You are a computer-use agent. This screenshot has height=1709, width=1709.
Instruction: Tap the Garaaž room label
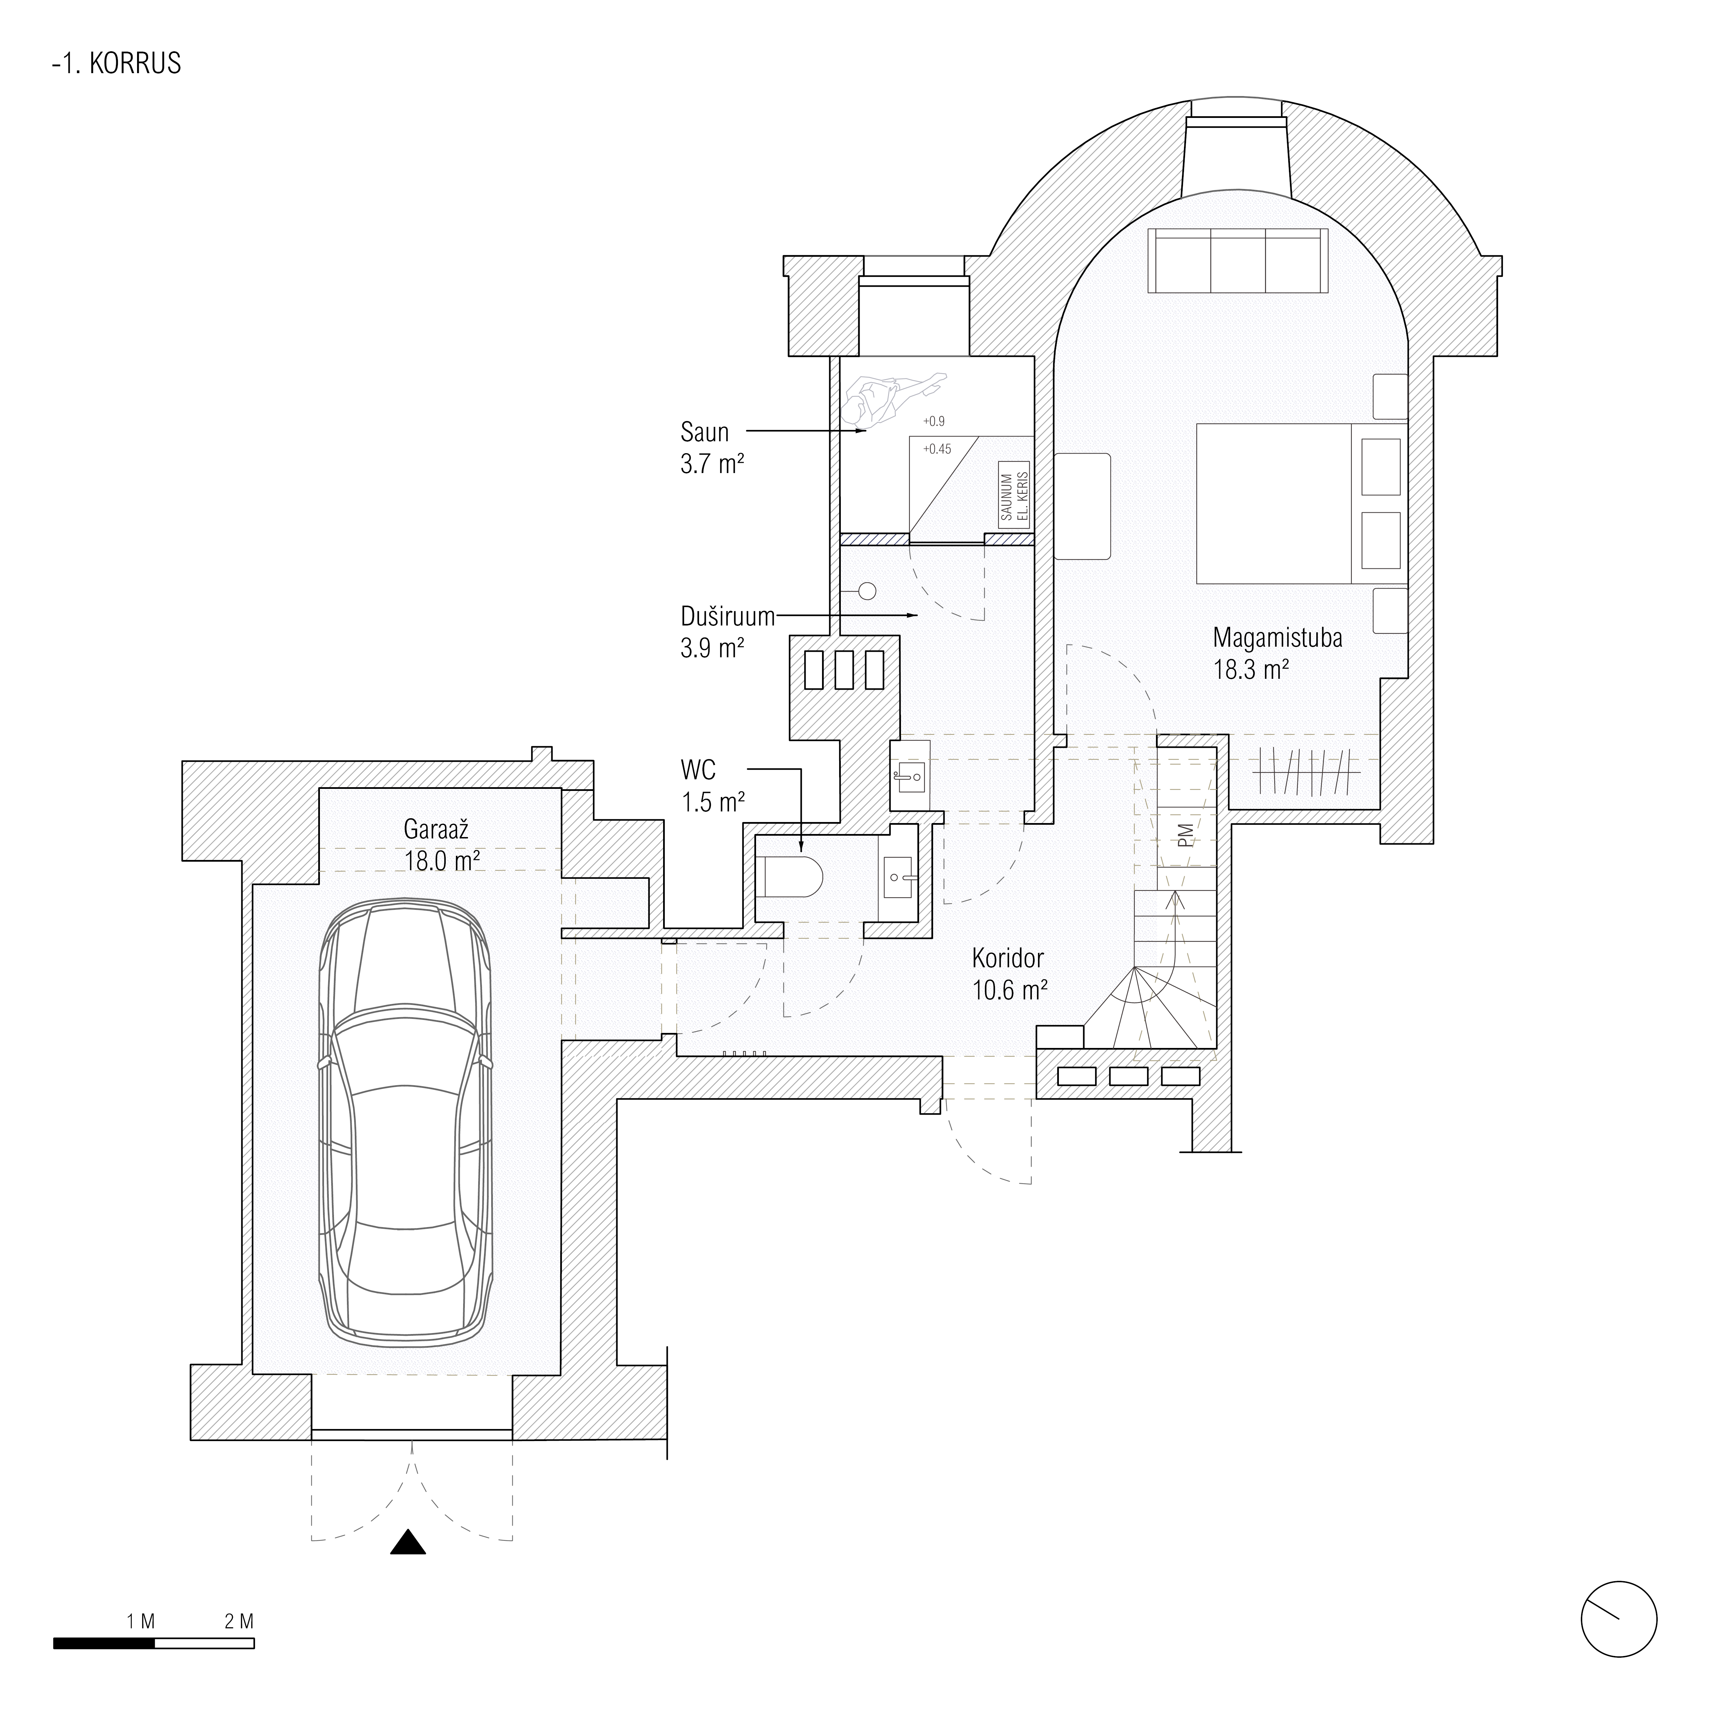(x=436, y=830)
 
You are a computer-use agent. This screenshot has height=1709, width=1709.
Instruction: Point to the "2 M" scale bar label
(x=239, y=1621)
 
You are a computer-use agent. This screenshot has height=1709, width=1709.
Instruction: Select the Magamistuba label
(x=1277, y=638)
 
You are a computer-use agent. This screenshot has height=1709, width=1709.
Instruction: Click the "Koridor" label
(x=1008, y=958)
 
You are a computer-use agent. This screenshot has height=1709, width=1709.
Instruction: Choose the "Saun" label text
(x=705, y=433)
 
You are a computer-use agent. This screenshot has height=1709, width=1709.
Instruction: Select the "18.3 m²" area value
(x=1250, y=670)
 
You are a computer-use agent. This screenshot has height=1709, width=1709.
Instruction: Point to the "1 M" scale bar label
(x=142, y=1621)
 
